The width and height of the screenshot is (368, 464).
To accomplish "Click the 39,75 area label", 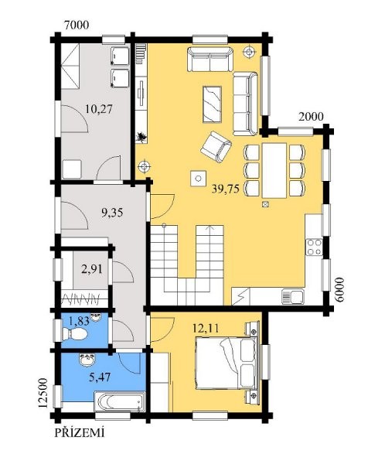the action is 225,189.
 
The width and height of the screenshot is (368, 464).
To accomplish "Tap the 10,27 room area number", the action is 99,109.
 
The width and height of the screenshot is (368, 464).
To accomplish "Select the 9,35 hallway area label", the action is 112,213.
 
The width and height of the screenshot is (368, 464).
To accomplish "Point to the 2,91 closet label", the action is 92,269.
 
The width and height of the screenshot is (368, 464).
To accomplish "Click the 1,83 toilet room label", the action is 79,321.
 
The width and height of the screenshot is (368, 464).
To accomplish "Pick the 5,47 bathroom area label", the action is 100,377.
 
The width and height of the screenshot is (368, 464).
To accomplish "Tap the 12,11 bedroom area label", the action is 206,328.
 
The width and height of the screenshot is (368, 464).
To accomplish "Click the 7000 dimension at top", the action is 77,26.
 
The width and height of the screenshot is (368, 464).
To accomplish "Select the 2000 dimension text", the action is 311,117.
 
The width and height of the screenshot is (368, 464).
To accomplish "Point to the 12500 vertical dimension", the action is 43,393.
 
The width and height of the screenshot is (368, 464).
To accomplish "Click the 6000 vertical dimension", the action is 340,289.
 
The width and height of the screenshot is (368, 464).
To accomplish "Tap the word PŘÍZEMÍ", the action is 80,432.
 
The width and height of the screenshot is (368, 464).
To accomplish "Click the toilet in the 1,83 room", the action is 75,334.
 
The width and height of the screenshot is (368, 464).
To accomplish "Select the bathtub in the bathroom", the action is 120,401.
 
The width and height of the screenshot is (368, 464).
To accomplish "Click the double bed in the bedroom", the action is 227,363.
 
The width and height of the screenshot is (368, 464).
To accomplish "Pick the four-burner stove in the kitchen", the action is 314,247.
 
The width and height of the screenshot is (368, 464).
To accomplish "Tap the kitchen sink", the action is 293,296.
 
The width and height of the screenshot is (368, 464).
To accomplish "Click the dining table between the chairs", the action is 274,170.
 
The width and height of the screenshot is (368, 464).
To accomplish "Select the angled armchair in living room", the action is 216,147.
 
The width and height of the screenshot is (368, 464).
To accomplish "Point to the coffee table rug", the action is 212,104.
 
